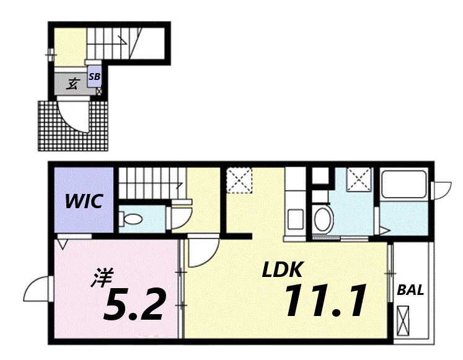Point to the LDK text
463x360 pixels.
[x=282, y=270]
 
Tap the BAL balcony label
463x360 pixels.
[x=410, y=290]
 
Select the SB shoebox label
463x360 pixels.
[x=94, y=77]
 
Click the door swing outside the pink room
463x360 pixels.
[x=37, y=289]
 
